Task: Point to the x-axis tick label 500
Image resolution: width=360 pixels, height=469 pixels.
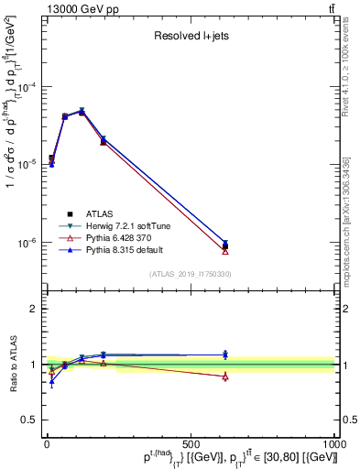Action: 191,444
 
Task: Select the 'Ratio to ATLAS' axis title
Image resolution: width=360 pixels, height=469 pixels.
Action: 13,365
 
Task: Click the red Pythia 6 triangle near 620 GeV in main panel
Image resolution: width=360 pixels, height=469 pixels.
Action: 225,250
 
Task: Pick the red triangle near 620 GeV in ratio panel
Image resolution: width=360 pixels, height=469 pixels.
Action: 225,376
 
